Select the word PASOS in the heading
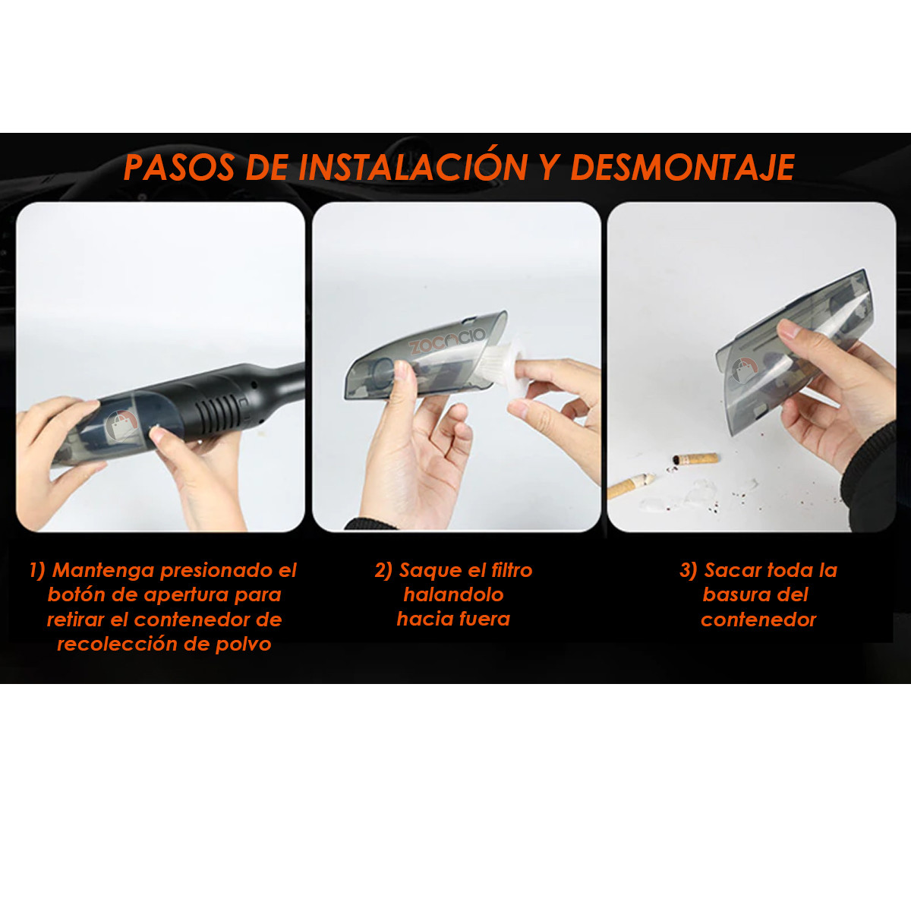point(179,168)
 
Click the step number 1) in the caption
point(37,570)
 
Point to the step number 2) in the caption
point(383,570)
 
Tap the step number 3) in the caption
point(688,570)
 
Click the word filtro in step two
point(512,570)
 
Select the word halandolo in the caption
point(453,594)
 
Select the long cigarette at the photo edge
point(630,486)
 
